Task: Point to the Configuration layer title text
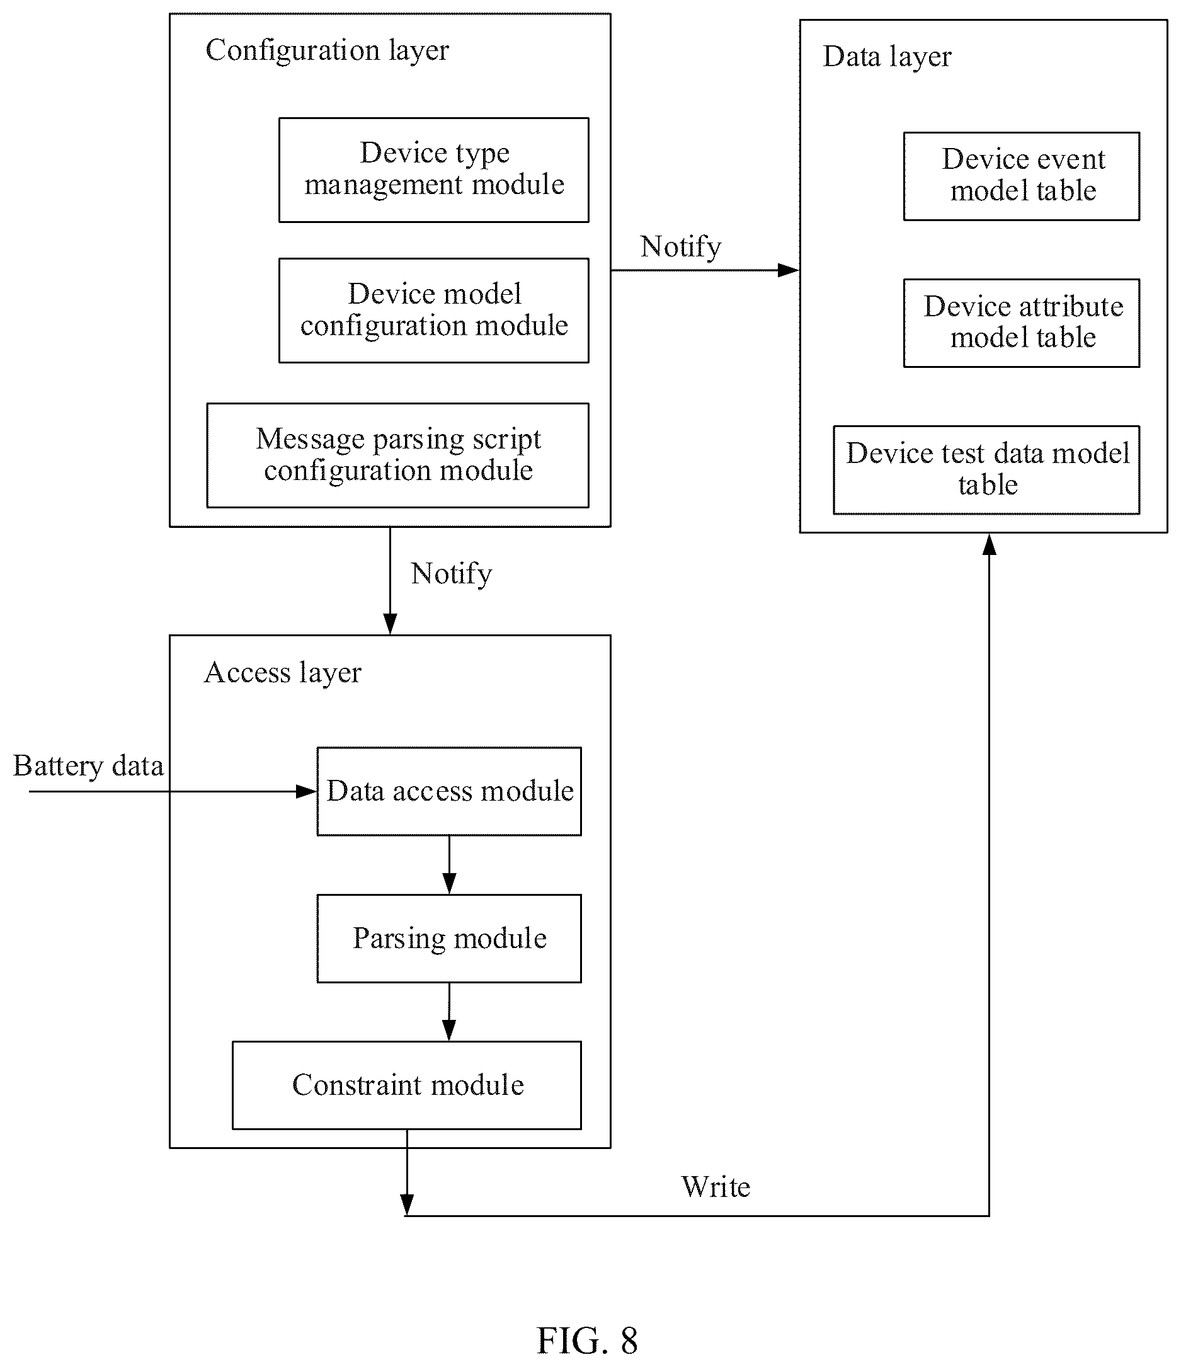click(x=328, y=51)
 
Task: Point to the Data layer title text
click(x=887, y=57)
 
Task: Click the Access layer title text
click(x=282, y=673)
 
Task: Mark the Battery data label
click(x=88, y=767)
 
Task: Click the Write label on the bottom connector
click(x=716, y=1187)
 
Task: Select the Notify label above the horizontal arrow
click(x=681, y=248)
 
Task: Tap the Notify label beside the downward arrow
click(x=451, y=575)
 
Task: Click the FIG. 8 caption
click(x=587, y=1340)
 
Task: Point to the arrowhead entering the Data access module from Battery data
click(x=307, y=791)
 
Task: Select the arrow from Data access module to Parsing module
click(x=449, y=865)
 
